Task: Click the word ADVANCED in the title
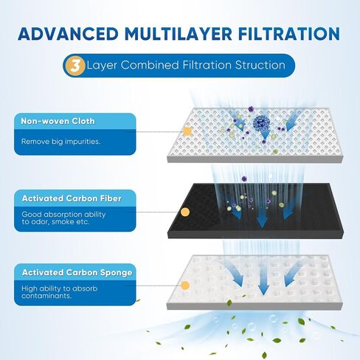[x=68, y=33]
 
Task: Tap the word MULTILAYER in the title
[x=179, y=33]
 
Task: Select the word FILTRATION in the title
[x=289, y=33]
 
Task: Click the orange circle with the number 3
[x=75, y=66]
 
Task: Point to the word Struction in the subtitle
[x=260, y=65]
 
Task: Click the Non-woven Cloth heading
[x=58, y=121]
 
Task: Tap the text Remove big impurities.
[x=60, y=142]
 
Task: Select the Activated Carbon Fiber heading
[x=72, y=198]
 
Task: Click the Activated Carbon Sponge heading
[x=77, y=273]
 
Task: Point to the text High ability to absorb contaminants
[x=60, y=292]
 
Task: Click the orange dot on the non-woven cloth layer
[x=187, y=131]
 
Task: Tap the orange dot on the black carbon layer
[x=185, y=212]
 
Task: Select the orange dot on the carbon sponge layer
[x=185, y=285]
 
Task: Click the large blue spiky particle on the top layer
[x=261, y=122]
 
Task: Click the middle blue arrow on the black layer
[x=263, y=218]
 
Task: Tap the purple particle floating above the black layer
[x=244, y=179]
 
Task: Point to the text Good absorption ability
[x=63, y=215]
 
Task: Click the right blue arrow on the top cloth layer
[x=291, y=122]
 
